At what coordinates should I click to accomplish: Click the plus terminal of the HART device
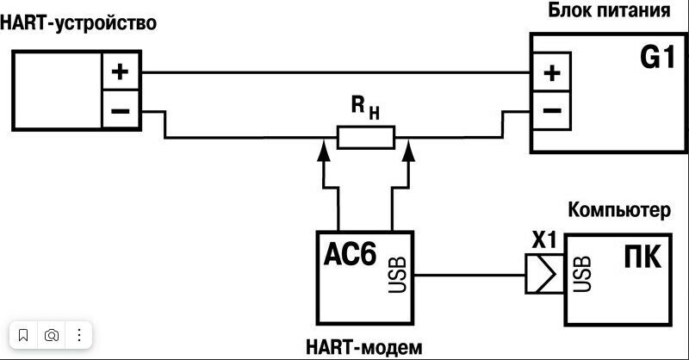[120, 71]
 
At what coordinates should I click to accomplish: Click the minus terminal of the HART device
[120, 111]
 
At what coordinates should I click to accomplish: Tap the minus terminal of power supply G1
[551, 111]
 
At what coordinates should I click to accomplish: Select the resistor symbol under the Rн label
[365, 136]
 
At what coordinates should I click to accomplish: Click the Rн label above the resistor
[364, 108]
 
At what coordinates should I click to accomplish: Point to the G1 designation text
[657, 59]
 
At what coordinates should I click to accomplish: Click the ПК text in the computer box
[642, 258]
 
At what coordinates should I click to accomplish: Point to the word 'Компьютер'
[628, 210]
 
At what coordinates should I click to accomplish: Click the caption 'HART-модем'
[364, 348]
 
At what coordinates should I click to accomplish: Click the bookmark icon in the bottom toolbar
[24, 335]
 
